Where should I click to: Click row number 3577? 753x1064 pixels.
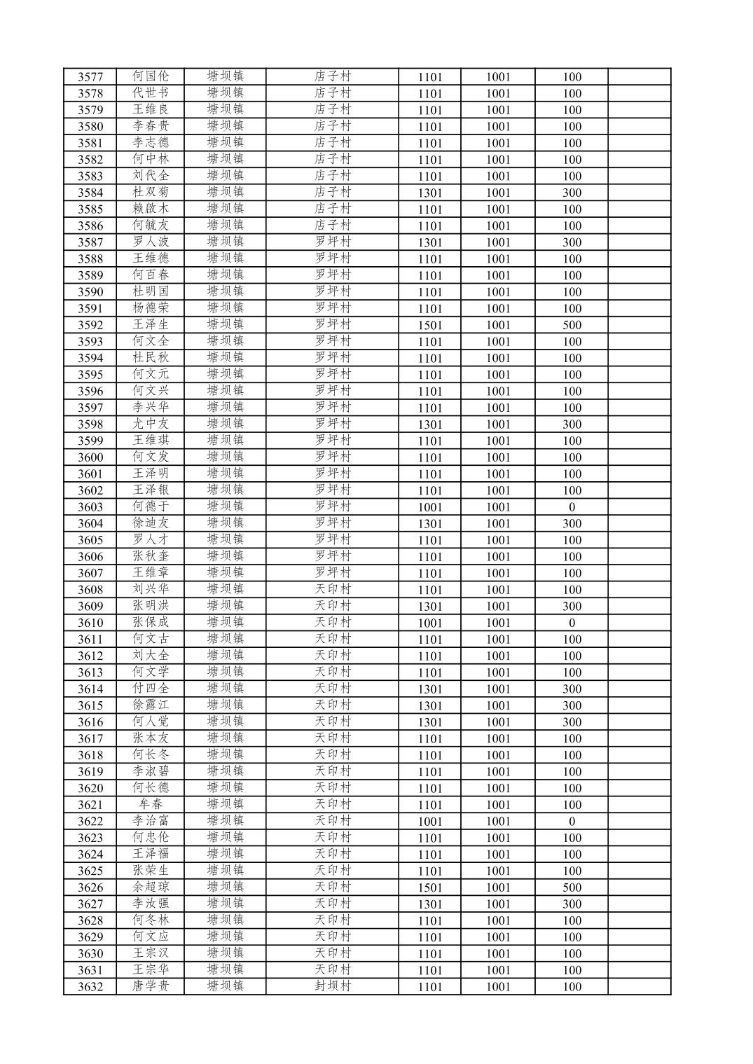[90, 77]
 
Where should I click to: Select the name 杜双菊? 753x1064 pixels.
[151, 193]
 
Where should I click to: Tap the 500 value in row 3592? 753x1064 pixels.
[572, 325]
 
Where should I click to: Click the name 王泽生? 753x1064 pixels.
[151, 325]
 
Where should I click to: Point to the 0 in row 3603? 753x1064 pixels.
[572, 507]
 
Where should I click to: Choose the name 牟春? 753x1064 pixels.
[151, 805]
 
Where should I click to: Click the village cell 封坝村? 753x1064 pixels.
[332, 987]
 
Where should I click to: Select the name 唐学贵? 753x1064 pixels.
[151, 987]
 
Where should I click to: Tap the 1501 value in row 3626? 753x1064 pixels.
[429, 887]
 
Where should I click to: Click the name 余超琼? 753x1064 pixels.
[151, 887]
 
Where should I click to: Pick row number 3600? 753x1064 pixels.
[90, 457]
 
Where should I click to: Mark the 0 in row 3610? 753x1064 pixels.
[572, 623]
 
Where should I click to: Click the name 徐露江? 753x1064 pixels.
[151, 705]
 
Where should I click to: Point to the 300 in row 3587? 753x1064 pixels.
[572, 242]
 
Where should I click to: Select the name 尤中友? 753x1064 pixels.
[151, 424]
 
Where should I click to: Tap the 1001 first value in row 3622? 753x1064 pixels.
[429, 822]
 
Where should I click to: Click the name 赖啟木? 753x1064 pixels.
[151, 209]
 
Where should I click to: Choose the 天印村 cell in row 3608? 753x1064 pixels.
[332, 590]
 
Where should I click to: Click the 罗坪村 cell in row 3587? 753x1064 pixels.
[332, 242]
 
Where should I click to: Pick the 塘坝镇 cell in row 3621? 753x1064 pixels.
[225, 805]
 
